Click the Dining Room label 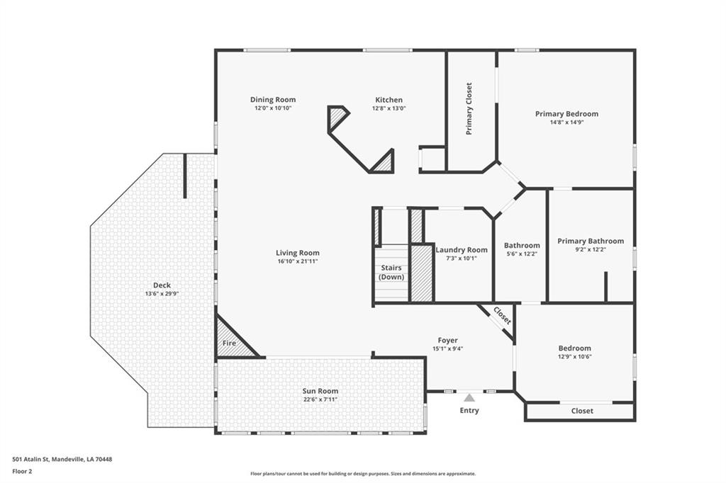coord(273,99)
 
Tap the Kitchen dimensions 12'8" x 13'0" coord(389,108)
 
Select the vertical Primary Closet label coord(469,109)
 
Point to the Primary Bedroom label coord(566,114)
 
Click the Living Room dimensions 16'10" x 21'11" coord(297,261)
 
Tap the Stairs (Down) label coord(391,273)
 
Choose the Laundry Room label coord(462,250)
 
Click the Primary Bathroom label coord(591,241)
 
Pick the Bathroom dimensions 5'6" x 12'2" coord(522,254)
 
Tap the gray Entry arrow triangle coord(469,397)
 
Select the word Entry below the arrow coord(469,410)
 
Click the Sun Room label coord(320,391)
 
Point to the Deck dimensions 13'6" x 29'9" coord(162,294)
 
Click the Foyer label coord(448,340)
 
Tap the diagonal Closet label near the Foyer coord(503,316)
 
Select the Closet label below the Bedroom coord(582,411)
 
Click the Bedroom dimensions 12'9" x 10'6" coord(574,357)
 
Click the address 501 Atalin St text coord(30,460)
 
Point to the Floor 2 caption coord(22,472)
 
